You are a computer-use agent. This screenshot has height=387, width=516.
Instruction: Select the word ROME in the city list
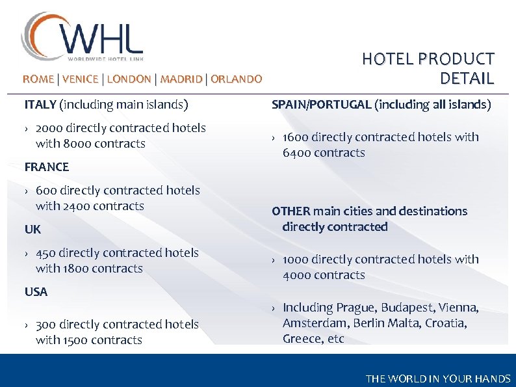[38, 79]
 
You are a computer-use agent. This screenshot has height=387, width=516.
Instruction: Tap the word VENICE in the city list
[81, 79]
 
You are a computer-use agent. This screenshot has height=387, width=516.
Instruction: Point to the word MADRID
[181, 79]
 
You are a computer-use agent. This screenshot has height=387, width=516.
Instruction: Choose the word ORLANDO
[237, 79]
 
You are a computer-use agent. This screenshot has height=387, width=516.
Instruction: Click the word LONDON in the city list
[129, 79]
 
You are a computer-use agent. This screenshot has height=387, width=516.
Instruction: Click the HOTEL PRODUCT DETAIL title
[428, 69]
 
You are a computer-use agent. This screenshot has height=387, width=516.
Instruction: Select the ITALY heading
[40, 104]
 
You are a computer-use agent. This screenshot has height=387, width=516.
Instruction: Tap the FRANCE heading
[47, 167]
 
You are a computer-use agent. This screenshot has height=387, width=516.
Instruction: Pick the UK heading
[32, 230]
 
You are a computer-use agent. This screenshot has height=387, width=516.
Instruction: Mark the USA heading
[36, 292]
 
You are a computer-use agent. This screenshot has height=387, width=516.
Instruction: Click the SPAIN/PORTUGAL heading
[321, 104]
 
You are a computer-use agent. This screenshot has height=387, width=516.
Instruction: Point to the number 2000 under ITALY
[50, 128]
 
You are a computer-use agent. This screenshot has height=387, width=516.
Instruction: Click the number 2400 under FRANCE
[77, 206]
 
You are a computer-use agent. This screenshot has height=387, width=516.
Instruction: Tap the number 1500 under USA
[77, 340]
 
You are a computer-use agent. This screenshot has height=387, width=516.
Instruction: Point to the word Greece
[302, 339]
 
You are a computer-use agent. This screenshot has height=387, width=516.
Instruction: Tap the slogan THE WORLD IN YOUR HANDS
[438, 379]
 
